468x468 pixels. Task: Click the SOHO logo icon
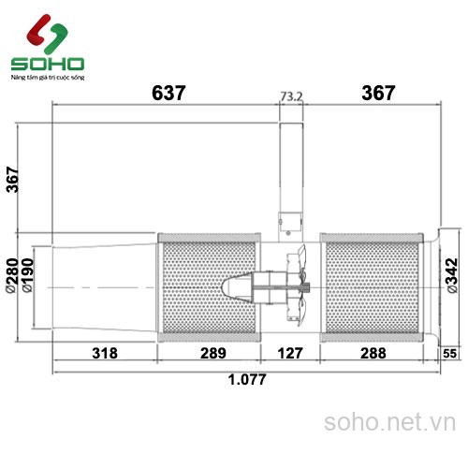coord(46,35)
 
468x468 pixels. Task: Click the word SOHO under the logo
coord(47,65)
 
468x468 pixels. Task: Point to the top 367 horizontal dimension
coord(377,93)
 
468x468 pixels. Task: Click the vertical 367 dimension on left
coord(12,178)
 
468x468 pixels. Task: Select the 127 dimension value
coord(290,354)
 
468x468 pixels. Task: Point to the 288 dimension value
coord(373,354)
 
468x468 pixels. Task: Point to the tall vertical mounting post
coord(291,168)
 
